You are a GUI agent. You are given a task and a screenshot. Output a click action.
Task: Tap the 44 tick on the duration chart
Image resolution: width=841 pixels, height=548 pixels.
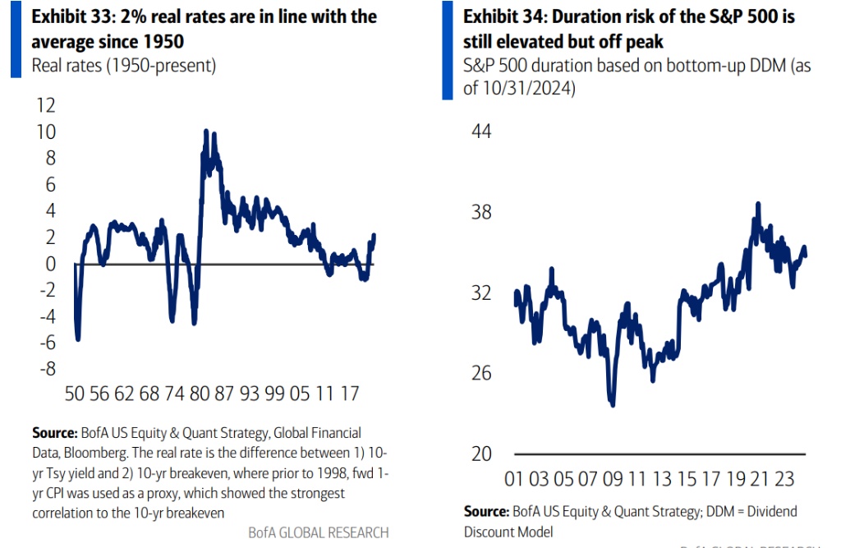tap(480, 131)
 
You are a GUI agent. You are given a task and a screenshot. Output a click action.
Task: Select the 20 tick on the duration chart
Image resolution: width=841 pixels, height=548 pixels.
tap(480, 454)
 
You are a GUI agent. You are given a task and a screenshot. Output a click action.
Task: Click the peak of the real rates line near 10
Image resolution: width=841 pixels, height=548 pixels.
tap(206, 131)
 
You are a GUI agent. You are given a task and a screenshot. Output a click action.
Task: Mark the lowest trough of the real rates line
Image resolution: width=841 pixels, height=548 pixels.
tap(78, 338)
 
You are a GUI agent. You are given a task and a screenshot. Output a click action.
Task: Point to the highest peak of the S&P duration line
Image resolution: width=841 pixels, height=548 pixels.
tap(758, 204)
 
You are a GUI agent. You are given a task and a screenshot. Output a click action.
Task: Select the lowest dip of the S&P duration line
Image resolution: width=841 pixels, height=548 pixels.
tap(613, 404)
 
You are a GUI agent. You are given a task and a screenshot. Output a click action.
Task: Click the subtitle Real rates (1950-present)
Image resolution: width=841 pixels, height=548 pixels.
tap(123, 66)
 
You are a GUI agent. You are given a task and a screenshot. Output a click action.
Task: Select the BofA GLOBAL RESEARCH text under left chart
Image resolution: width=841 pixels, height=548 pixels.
tap(318, 532)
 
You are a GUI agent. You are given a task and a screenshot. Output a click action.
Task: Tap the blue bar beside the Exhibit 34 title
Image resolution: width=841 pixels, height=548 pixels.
tap(447, 49)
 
